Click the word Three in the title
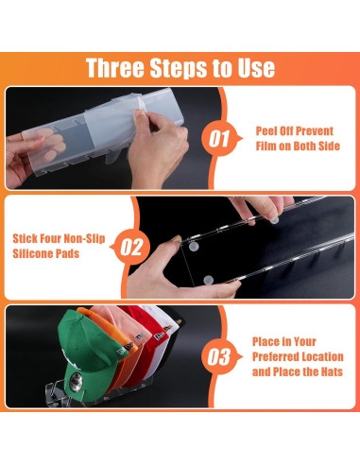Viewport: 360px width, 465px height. point(115,68)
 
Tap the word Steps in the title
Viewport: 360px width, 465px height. point(179,68)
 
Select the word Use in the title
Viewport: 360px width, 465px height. point(256,68)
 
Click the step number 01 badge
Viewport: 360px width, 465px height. point(220,139)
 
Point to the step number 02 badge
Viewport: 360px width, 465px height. point(131,247)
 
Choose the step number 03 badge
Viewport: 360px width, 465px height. point(219,356)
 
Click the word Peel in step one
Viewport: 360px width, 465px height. point(266,130)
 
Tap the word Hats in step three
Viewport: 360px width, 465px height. point(332,371)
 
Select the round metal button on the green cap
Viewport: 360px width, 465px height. point(76,382)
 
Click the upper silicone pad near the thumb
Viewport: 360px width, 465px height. point(194,247)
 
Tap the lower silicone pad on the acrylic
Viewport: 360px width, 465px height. point(208,280)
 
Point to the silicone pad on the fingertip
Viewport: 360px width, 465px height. point(275,220)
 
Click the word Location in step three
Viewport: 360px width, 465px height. point(321,356)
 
